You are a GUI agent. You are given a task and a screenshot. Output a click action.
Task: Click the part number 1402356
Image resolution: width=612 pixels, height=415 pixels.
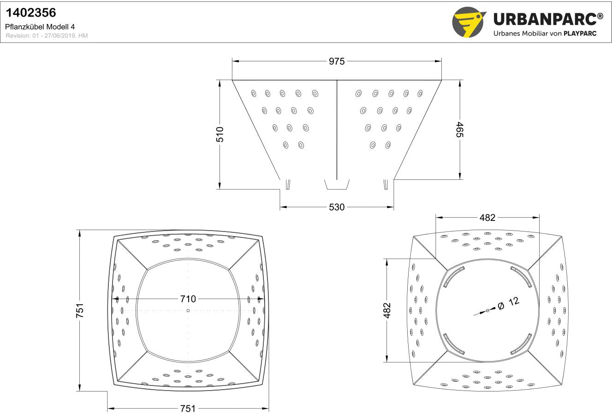coord(31,12)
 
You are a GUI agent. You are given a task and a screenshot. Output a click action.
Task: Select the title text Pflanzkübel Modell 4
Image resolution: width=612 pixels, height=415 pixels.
coord(40,27)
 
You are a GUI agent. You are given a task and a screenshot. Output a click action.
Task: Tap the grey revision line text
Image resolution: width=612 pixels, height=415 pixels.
coord(47,36)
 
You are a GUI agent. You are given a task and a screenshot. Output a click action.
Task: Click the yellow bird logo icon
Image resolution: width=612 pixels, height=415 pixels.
coord(469,22)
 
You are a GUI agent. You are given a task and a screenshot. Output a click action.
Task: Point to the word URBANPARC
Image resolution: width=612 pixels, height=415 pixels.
coord(545,19)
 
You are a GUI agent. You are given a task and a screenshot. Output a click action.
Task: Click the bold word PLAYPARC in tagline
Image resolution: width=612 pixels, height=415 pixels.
coord(580,34)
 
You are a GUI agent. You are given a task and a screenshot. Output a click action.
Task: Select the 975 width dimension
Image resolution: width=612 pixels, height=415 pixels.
coord(337,61)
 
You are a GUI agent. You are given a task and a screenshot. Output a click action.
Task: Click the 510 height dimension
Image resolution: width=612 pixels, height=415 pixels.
coord(220,135)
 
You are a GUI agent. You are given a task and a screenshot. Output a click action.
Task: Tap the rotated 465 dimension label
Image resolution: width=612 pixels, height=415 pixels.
coord(460,130)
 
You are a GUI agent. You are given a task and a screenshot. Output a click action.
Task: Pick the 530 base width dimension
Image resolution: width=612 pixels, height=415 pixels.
coord(337,207)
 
